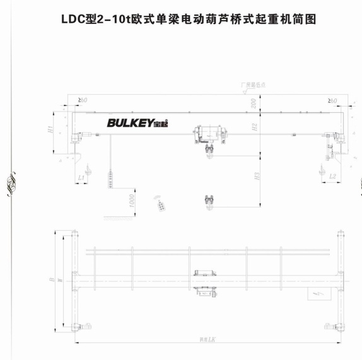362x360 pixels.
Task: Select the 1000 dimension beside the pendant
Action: [x=132, y=200]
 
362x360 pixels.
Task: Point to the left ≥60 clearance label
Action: [x=82, y=100]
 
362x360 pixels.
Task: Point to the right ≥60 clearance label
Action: [x=332, y=100]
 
